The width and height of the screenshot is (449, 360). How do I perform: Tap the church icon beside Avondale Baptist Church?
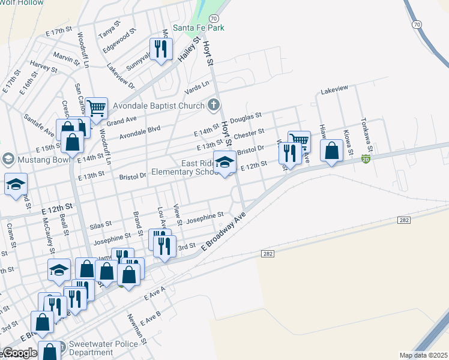(x=213, y=106)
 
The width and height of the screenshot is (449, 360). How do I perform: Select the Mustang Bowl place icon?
(x=8, y=159)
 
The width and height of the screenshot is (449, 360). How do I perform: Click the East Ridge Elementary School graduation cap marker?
(x=224, y=162)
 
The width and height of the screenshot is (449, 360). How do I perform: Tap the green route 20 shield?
(x=366, y=159)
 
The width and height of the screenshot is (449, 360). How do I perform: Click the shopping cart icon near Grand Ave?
(x=96, y=109)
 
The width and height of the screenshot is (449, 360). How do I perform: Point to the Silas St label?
(x=100, y=223)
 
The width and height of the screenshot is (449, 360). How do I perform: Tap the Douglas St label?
(x=246, y=115)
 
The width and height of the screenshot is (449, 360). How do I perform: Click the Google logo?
(x=19, y=353)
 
